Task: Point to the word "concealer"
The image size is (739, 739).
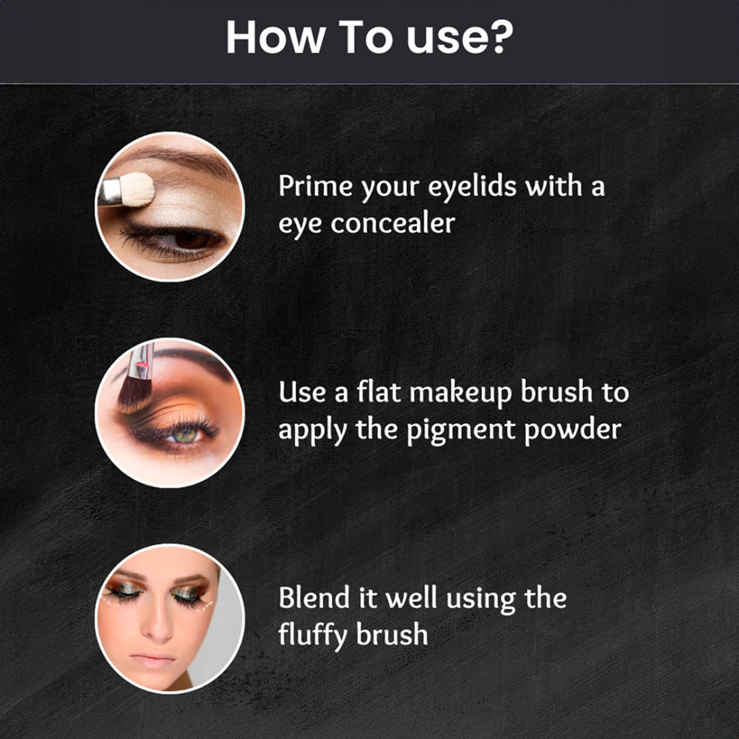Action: tap(393, 223)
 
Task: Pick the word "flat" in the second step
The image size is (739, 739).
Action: tap(379, 392)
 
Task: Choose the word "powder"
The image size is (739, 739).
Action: tap(572, 430)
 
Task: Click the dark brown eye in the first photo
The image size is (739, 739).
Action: tap(191, 240)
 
